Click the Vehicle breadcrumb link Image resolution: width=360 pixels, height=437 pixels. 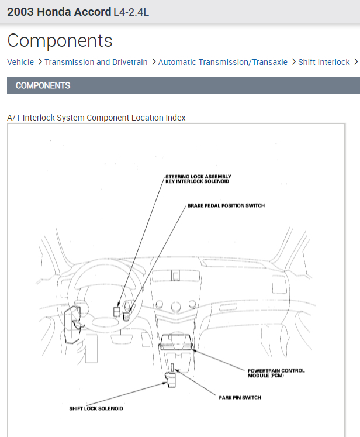click(20, 62)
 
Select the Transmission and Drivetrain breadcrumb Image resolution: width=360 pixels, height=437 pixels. click(96, 62)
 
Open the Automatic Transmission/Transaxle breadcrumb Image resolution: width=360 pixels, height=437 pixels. click(223, 62)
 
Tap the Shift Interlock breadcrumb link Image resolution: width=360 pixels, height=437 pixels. click(324, 62)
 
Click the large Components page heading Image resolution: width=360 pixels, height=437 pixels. click(60, 41)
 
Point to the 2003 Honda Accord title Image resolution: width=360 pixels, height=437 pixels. click(59, 12)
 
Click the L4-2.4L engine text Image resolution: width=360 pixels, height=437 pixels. click(131, 12)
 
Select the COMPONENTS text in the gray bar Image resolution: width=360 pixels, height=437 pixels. click(43, 85)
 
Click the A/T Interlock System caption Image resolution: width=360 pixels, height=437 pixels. click(96, 118)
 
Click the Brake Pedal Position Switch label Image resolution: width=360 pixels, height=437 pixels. click(226, 206)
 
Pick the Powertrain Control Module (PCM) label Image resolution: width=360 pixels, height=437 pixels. click(276, 373)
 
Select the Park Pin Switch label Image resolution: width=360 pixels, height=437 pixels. click(240, 398)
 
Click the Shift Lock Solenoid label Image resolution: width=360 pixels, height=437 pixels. click(96, 408)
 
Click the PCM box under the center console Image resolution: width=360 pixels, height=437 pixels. click(177, 342)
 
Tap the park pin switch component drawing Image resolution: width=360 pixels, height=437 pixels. click(173, 368)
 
